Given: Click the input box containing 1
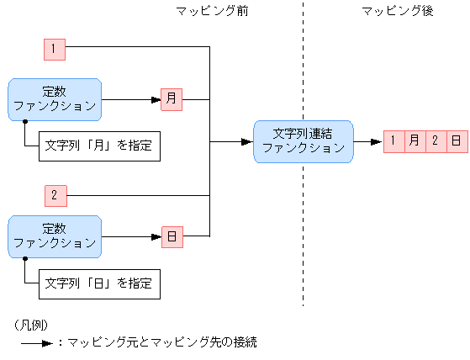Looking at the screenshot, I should coord(54,49).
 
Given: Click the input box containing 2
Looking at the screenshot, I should coord(54,196).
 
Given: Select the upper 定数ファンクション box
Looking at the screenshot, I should coord(55,99).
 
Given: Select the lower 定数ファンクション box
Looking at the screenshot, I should coord(55,236).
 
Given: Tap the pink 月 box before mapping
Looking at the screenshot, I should coord(172,99).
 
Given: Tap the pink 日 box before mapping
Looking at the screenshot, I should coord(172,237).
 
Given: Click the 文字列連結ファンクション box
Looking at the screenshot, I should coord(304,141).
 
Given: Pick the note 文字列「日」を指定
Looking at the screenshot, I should coord(98,283).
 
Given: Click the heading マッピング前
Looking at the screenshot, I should coord(212,11).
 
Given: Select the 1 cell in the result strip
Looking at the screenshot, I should coord(393,141).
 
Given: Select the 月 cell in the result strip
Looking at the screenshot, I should coord(415,141).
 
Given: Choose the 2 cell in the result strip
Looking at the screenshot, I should coord(436,141).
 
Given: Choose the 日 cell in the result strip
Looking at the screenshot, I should coord(456,141).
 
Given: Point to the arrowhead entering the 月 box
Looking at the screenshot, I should coord(156,99).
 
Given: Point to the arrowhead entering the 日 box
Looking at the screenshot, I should coord(156,237).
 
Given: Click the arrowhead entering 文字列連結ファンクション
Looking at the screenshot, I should coord(248,141).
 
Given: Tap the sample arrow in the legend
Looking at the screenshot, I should coord(37,343).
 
